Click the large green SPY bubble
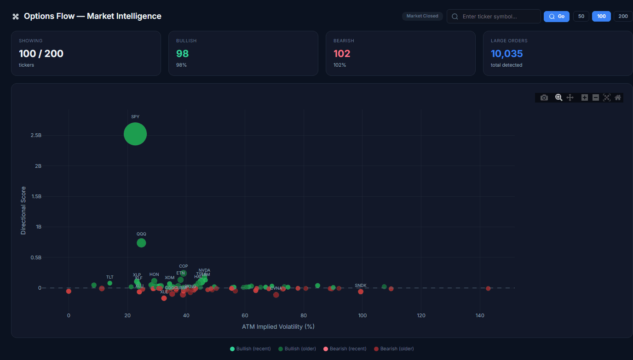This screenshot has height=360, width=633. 135,134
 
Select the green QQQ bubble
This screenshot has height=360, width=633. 141,243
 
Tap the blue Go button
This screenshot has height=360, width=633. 557,17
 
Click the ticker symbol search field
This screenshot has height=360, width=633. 497,17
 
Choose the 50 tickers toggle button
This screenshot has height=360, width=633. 581,17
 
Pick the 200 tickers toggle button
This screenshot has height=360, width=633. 623,17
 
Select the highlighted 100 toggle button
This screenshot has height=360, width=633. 601,17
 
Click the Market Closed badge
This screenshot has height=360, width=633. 422,16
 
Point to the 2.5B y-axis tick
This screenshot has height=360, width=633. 35,136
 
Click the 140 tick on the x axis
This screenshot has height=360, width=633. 480,315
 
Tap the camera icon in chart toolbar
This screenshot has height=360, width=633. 544,97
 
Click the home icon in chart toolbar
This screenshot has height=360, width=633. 618,97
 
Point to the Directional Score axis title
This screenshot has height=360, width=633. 23,210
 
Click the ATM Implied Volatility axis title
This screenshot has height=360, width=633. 278,326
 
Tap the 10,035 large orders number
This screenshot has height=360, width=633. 506,53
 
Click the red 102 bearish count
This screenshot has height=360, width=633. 342,53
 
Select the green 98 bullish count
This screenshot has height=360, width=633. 183,53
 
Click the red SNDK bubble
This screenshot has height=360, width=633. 361,291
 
